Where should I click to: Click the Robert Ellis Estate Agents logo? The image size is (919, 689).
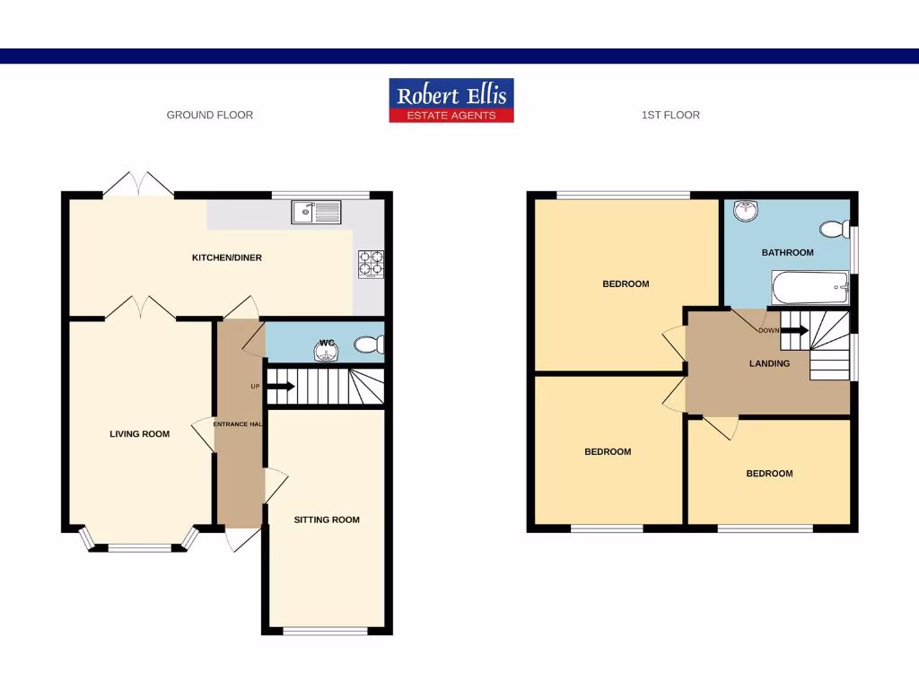(451, 100)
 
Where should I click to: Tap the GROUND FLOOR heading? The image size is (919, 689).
(210, 115)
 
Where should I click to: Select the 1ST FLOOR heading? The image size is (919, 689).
(670, 115)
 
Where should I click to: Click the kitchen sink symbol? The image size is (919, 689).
(316, 212)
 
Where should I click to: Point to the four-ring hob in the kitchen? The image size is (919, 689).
(371, 263)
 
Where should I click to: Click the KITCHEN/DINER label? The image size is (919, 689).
(227, 258)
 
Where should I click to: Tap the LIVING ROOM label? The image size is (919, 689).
(139, 434)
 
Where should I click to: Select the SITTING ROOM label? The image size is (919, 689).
(327, 519)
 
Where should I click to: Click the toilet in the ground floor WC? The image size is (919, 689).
(369, 344)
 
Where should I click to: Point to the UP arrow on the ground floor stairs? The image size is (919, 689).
(280, 387)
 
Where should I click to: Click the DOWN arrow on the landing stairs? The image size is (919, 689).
(795, 330)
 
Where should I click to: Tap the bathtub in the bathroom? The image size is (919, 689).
(810, 289)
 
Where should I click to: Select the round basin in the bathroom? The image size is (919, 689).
(745, 212)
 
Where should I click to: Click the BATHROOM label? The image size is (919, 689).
(787, 253)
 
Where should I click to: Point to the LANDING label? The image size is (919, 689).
(769, 363)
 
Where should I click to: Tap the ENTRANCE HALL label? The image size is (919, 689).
(238, 423)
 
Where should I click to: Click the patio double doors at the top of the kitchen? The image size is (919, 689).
(138, 185)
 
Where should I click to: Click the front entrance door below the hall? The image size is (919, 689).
(241, 539)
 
